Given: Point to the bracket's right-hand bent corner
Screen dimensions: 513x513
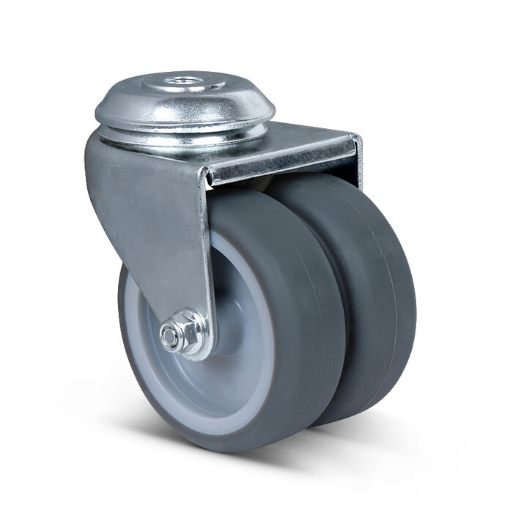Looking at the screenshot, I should (x=355, y=147).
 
